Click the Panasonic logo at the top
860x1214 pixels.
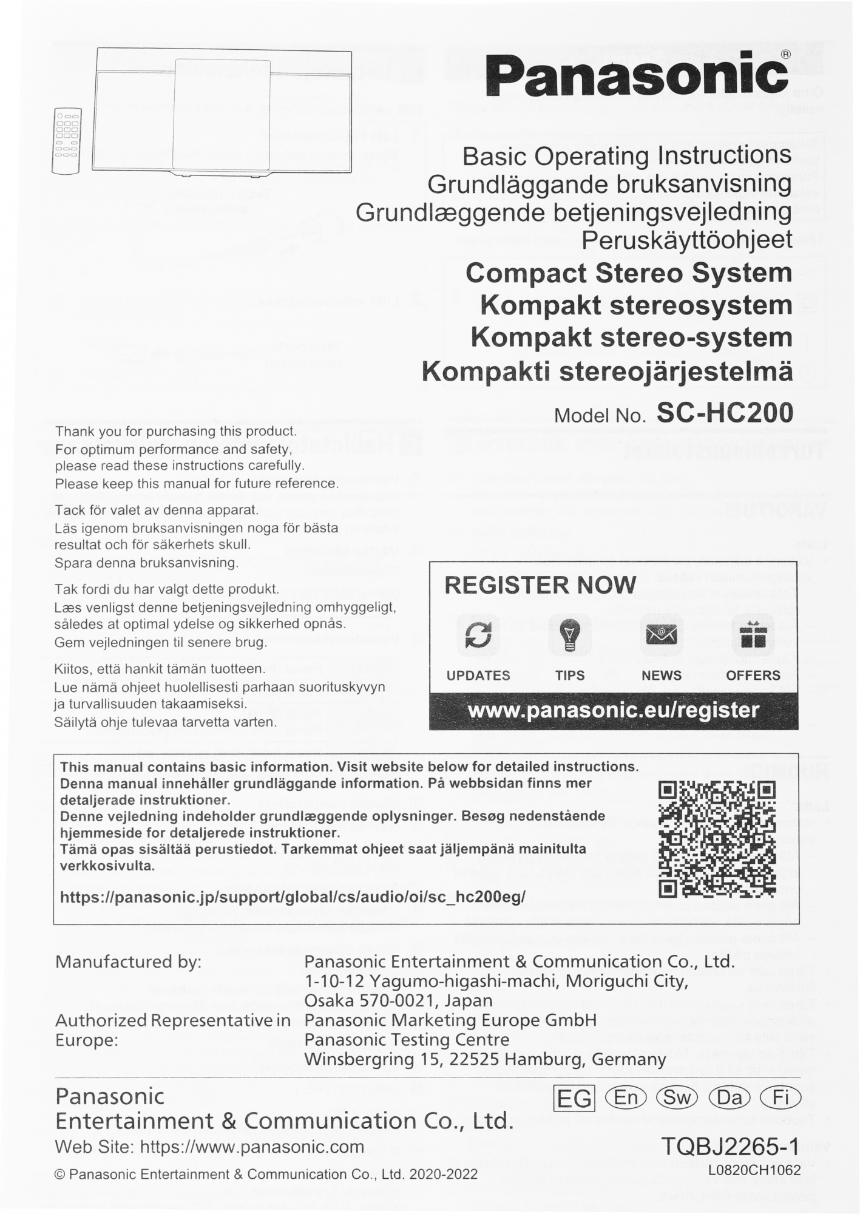click(x=637, y=75)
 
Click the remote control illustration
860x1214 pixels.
click(x=67, y=141)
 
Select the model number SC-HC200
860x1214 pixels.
click(x=725, y=413)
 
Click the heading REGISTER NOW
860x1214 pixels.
click(x=540, y=585)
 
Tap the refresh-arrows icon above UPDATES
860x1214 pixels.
click(x=478, y=636)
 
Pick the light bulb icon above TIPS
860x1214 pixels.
click(x=570, y=636)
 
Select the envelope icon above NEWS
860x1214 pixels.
click(x=662, y=636)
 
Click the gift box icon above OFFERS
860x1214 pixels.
click(x=753, y=636)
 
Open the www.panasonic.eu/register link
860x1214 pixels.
click(x=614, y=710)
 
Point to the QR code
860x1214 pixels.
click(x=717, y=839)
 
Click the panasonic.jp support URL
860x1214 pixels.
click(x=293, y=897)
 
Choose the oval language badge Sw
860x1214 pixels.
click(x=677, y=1097)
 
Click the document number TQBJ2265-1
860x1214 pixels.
click(x=730, y=1146)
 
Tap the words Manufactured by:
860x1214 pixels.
click(x=128, y=962)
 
